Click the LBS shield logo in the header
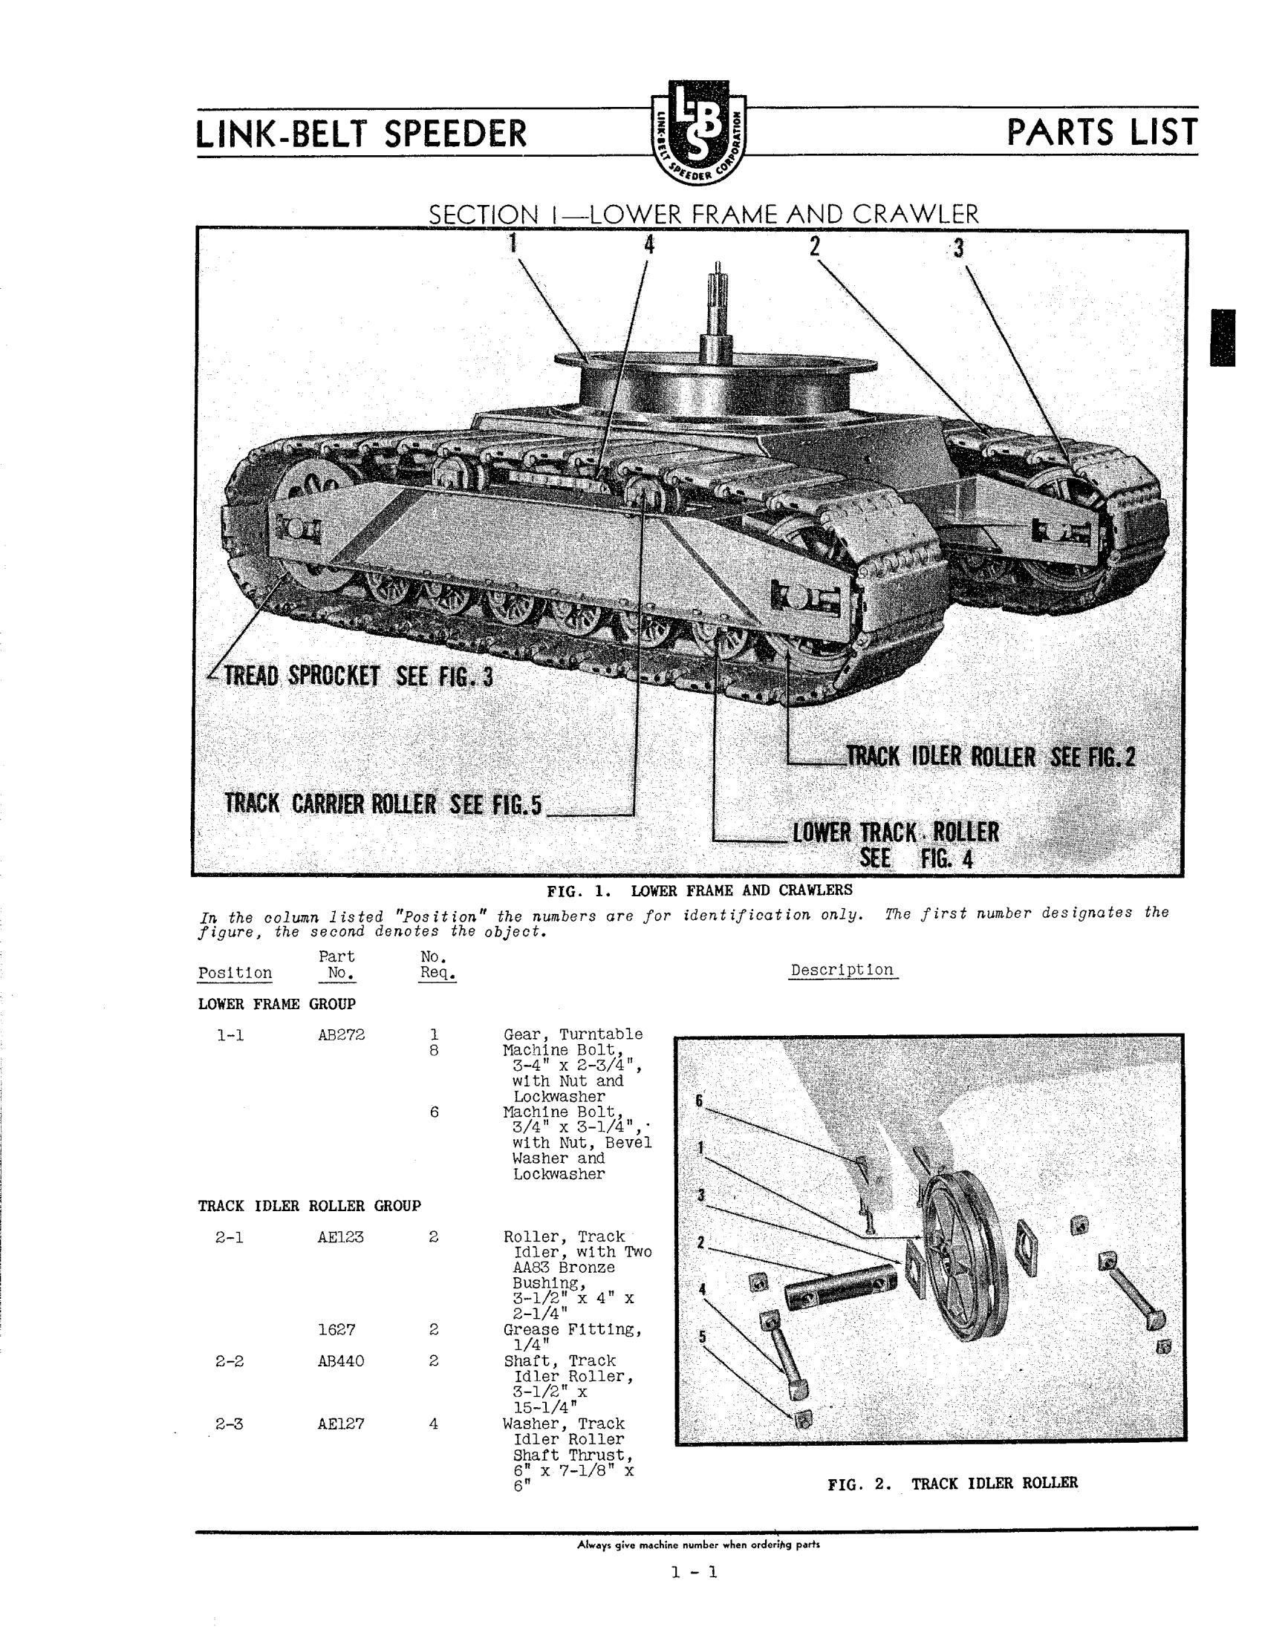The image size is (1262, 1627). [698, 133]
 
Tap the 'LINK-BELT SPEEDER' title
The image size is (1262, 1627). [361, 134]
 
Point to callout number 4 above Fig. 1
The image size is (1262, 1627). [649, 245]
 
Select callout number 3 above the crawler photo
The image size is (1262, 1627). [958, 248]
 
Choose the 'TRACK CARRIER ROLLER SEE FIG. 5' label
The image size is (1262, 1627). [385, 804]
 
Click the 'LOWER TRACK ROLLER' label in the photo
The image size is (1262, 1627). [896, 832]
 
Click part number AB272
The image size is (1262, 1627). [337, 1034]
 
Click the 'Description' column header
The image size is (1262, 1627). [843, 970]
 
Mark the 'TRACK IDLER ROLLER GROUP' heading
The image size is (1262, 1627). [309, 1205]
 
